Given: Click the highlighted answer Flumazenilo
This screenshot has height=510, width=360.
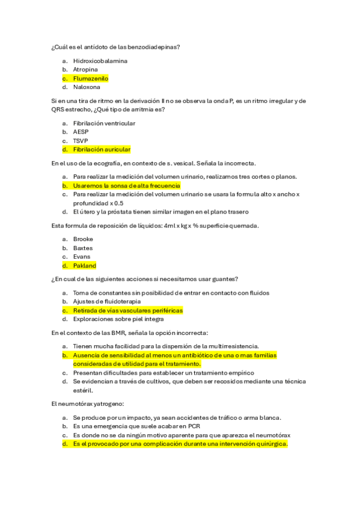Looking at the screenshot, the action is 90,78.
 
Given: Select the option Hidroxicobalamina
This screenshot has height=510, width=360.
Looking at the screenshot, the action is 100,61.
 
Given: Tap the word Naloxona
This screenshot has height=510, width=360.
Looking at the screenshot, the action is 87,87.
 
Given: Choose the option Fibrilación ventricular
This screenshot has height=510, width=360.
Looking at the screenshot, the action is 104,123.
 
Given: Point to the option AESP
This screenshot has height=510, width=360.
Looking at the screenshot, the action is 81,132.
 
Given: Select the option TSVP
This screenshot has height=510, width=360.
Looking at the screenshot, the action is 81,141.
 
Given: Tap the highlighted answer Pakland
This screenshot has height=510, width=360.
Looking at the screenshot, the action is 84,265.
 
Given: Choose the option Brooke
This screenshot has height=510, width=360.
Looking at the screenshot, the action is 83,239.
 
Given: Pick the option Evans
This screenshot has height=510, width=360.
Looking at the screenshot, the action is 82,257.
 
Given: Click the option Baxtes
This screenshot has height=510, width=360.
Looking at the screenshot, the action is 83,248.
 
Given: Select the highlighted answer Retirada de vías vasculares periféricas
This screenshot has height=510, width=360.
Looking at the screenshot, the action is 127,310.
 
